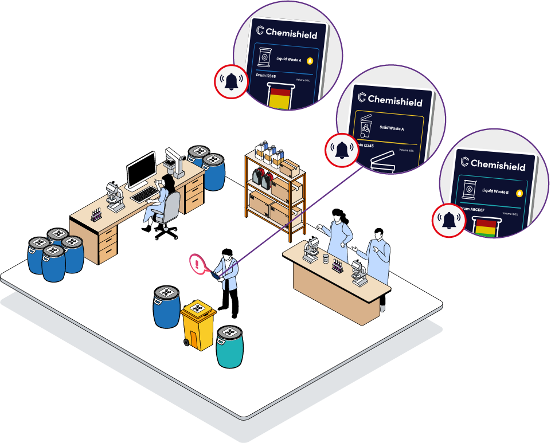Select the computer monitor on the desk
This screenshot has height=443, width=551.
(141, 170)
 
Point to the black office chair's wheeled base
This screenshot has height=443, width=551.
(166, 232)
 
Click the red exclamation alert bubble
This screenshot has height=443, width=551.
(198, 264)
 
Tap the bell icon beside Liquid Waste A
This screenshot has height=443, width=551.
(232, 81)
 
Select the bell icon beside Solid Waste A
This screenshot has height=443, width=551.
(342, 150)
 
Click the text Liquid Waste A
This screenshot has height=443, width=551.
(288, 60)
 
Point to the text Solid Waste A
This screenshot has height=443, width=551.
(392, 128)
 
